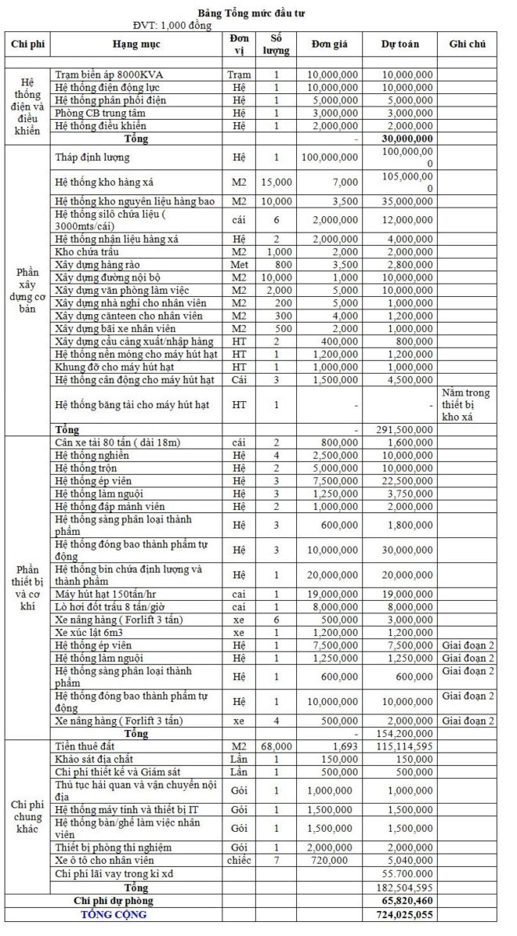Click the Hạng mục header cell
click(136, 44)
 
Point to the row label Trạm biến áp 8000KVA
click(114, 74)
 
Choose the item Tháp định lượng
click(92, 157)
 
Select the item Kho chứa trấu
click(86, 252)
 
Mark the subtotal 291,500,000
click(407, 429)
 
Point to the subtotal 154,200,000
click(407, 734)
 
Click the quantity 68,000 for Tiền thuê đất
click(275, 746)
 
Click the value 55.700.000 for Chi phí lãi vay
click(407, 873)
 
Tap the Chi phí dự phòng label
click(132, 902)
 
